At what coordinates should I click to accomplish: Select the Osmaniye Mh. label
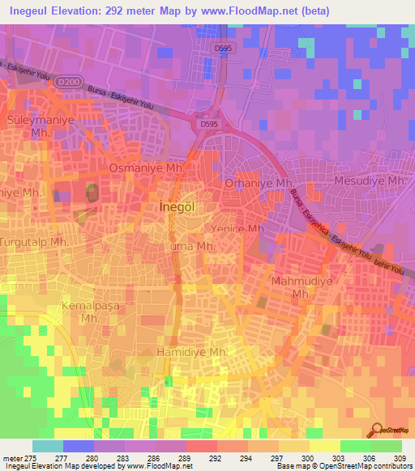pos(148,168)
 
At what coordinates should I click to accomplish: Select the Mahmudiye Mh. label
pos(301,288)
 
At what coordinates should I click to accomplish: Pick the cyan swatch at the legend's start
pos(48,446)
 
